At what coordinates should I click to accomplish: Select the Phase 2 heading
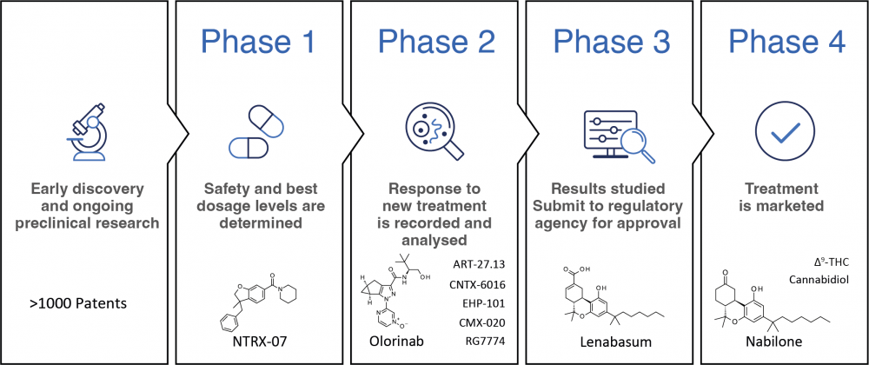click(x=437, y=42)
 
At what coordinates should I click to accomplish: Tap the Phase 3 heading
click(x=613, y=42)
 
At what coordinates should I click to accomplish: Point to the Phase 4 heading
click(x=787, y=42)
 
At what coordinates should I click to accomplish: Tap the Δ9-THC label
click(x=825, y=262)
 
